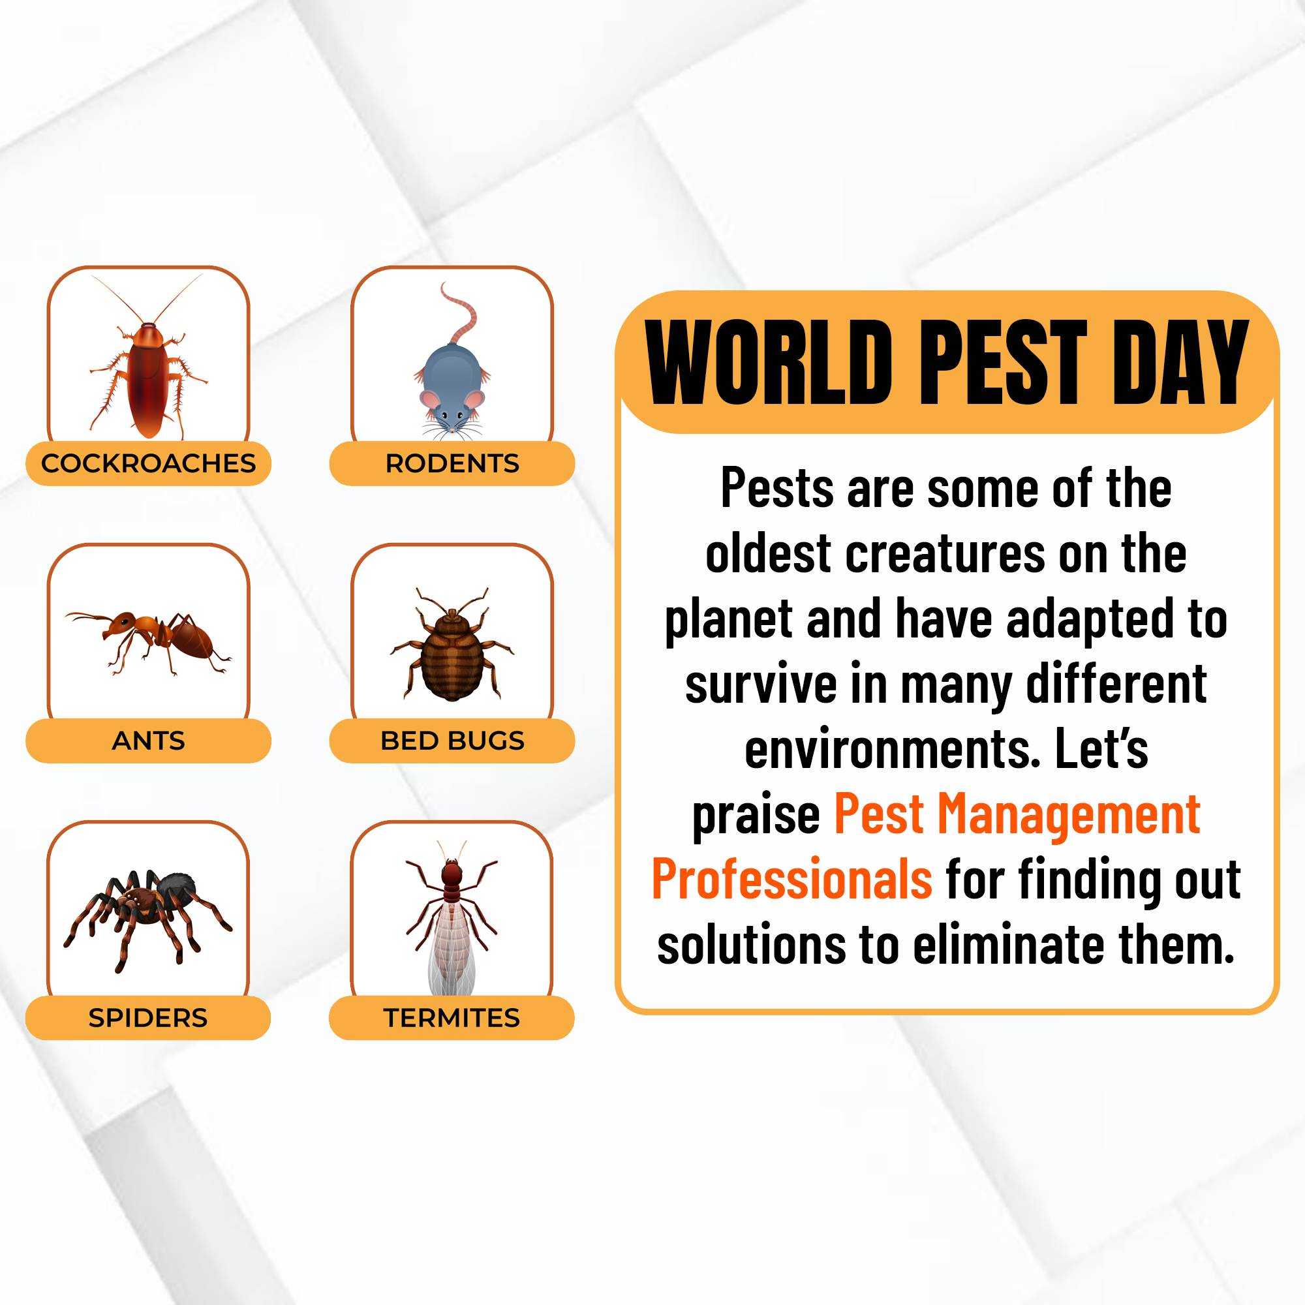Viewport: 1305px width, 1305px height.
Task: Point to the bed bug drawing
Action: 452,645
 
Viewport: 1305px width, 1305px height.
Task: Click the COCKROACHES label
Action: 149,463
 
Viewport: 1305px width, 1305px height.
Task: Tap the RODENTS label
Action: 452,463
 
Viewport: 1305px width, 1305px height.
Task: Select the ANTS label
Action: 148,741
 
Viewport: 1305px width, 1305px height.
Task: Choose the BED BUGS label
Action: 452,741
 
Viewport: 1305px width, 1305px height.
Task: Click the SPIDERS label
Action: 148,1018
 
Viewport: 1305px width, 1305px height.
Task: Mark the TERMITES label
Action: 452,1018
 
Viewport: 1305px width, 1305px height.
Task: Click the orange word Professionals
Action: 791,879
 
